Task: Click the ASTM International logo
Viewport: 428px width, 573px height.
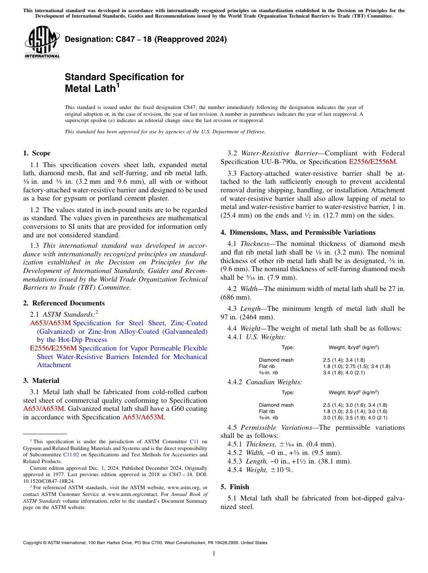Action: point(42,42)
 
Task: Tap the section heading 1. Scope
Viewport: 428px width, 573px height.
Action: point(36,153)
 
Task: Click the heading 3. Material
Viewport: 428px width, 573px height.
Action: point(41,381)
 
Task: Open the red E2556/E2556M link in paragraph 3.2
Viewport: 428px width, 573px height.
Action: point(373,162)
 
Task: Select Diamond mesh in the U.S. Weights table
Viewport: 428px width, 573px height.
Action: point(276,360)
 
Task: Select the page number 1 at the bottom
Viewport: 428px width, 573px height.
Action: point(214,554)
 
